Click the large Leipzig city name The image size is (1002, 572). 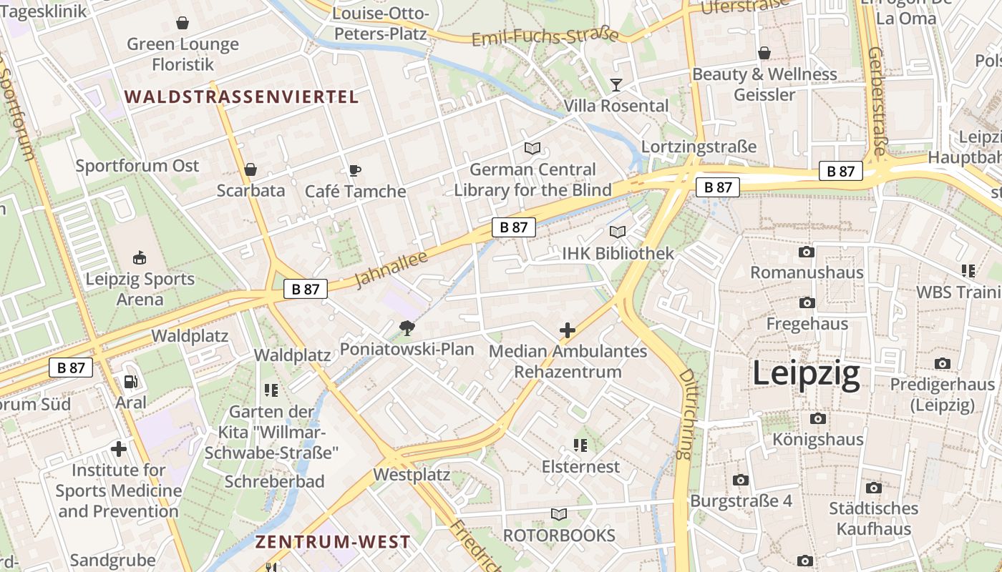pos(806,374)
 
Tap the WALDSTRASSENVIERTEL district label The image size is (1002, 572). pos(242,97)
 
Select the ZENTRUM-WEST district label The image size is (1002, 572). pos(333,542)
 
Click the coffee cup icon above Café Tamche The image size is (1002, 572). pos(354,170)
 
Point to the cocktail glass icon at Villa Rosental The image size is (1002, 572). pos(616,85)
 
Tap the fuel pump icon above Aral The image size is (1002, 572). pos(130,383)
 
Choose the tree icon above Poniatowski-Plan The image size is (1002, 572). pos(407,328)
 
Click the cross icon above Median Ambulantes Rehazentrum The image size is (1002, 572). pos(567,330)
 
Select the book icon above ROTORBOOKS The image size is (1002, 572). pos(559,514)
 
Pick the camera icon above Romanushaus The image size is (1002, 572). pos(807,252)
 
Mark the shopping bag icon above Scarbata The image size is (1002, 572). pos(250,169)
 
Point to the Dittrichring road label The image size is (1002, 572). pos(686,415)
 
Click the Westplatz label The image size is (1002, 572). pos(412,475)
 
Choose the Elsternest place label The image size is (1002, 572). pos(580,467)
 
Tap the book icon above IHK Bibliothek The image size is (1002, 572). pos(617,232)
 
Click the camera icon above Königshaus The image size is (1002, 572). pos(817,418)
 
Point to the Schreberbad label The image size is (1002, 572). pos(275,481)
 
